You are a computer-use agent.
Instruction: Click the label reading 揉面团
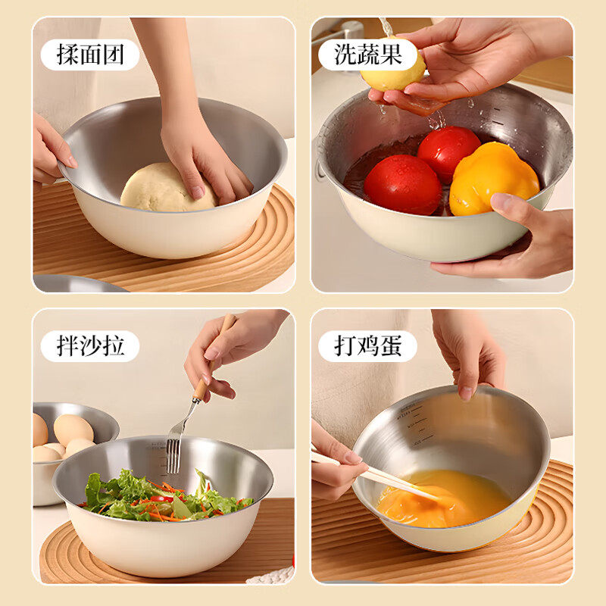[90, 55]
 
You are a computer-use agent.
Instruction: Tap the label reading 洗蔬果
[368, 55]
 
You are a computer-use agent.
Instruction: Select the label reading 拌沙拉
[90, 346]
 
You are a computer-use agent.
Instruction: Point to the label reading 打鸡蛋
[368, 346]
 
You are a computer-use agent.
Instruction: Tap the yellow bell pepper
[493, 178]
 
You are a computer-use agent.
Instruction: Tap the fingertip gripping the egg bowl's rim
[467, 392]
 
